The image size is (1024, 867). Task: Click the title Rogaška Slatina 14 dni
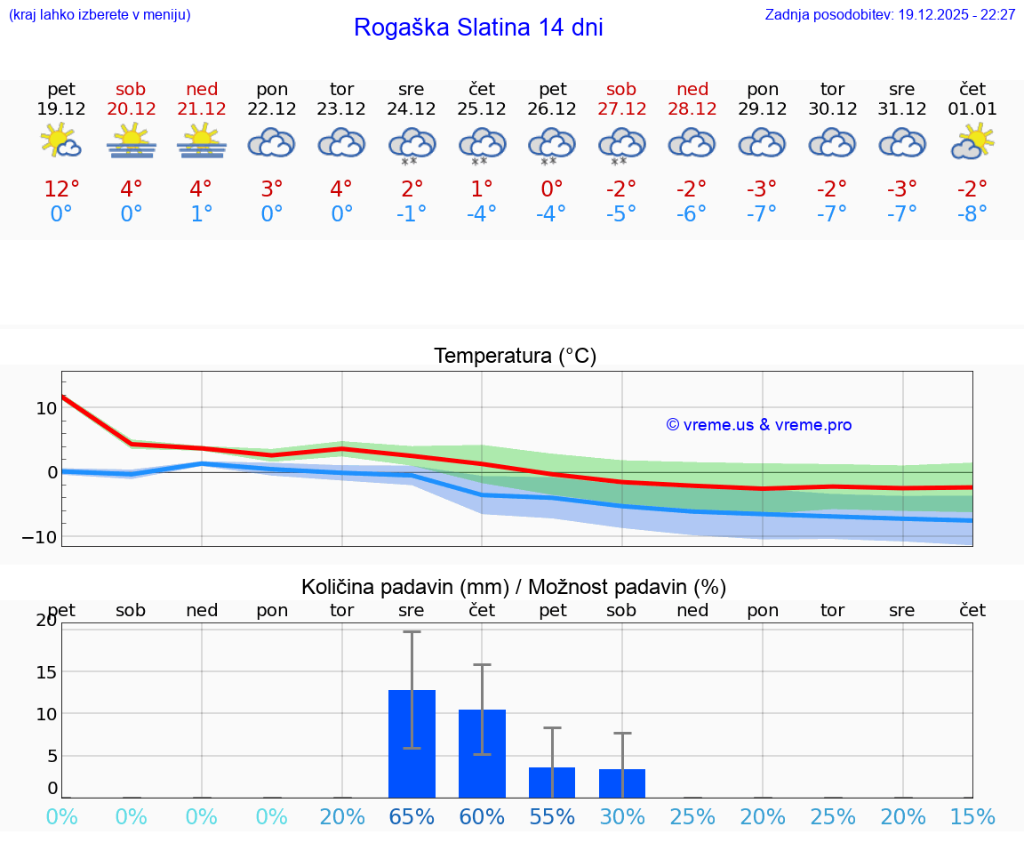coord(478,28)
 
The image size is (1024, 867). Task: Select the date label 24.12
coord(411,108)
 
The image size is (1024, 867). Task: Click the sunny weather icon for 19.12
coord(61,140)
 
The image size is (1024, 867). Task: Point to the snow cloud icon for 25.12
coord(482,145)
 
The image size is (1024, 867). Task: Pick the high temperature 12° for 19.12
coord(61,189)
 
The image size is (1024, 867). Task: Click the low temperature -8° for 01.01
coord(972,213)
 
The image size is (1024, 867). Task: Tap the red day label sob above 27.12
coord(621,89)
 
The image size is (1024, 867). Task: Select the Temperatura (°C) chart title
coord(515,356)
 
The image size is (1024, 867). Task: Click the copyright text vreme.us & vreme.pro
coord(758,425)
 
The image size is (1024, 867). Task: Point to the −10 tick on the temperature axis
coord(38,537)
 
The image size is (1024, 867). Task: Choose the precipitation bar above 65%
coord(412,743)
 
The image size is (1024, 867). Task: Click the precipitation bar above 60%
coord(482,753)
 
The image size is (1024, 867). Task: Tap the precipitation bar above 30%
coord(621,783)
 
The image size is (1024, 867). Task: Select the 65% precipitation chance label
coord(412,816)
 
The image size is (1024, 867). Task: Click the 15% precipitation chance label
coord(972,816)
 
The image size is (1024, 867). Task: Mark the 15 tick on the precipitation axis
coord(45,671)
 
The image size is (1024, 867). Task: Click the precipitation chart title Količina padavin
coord(514,587)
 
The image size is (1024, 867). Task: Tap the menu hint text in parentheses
coord(100,14)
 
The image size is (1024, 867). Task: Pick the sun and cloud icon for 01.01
coord(972,140)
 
